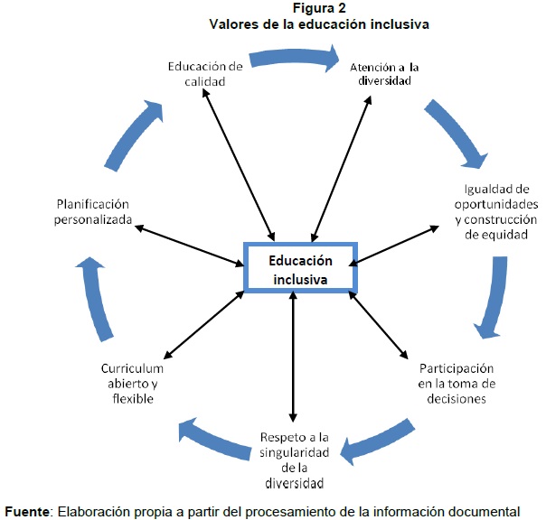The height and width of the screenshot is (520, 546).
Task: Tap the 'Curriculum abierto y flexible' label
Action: [x=133, y=383]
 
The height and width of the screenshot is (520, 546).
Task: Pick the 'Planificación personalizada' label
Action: [x=94, y=211]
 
